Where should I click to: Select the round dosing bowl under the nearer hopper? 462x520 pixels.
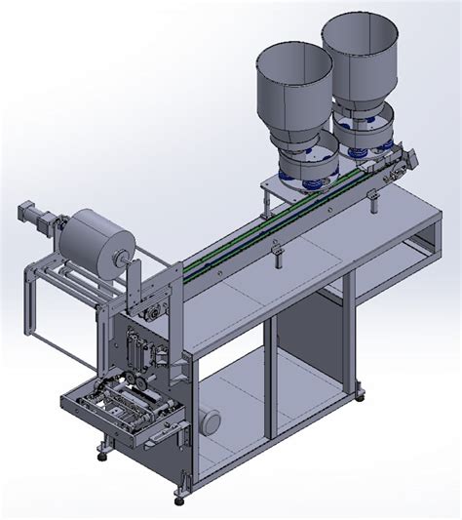307,166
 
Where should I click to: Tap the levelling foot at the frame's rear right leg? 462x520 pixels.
363,394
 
